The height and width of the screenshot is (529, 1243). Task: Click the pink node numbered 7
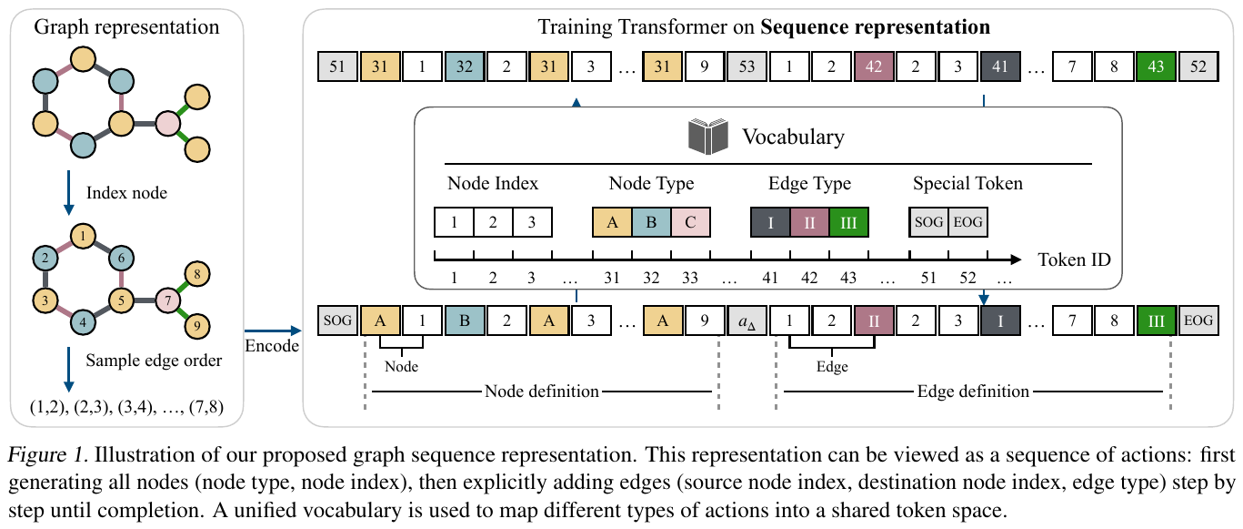pyautogui.click(x=168, y=300)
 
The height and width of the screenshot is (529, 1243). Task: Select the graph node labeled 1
pyautogui.click(x=83, y=239)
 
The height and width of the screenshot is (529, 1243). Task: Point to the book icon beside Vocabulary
pyautogui.click(x=709, y=136)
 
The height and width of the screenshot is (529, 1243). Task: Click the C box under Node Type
pyautogui.click(x=689, y=222)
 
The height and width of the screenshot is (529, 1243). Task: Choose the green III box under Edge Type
pyautogui.click(x=849, y=222)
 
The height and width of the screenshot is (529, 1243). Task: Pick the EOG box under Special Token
pyautogui.click(x=967, y=222)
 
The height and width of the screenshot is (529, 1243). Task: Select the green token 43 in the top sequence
pyautogui.click(x=1156, y=66)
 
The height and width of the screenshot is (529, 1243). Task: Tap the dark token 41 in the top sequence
pyautogui.click(x=1001, y=66)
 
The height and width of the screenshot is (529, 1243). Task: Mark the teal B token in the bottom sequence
pyautogui.click(x=464, y=320)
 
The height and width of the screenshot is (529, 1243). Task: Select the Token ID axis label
pyautogui.click(x=1073, y=259)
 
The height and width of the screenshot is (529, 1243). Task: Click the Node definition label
pyautogui.click(x=542, y=392)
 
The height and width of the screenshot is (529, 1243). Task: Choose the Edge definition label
pyautogui.click(x=973, y=392)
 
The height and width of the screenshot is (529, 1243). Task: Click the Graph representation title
pyautogui.click(x=126, y=27)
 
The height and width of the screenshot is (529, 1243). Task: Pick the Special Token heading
pyautogui.click(x=967, y=183)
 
